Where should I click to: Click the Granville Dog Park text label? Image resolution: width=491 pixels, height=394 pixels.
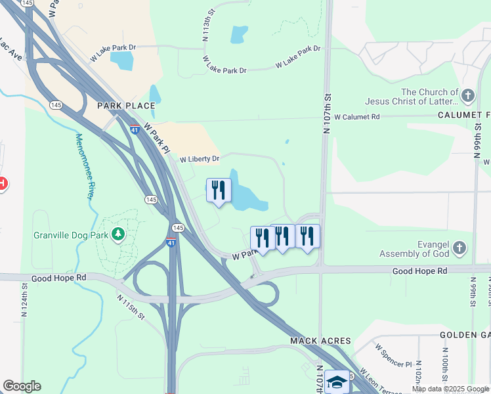72,234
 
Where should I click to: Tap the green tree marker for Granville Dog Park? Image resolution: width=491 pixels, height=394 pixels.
118,234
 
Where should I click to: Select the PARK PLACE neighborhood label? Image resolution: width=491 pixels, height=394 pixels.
126,106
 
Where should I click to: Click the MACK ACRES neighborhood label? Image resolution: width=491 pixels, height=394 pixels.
321,341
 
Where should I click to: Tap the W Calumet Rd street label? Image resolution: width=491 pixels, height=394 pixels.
357,117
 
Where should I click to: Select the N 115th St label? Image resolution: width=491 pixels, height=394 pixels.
131,307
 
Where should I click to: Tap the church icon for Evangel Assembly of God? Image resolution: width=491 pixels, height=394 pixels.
459,248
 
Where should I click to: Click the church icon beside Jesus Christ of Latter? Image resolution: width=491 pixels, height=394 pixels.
467,97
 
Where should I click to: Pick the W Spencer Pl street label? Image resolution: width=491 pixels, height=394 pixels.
393,355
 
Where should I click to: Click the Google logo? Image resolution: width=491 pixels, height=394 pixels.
22,386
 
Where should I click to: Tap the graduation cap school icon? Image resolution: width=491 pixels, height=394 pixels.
337,382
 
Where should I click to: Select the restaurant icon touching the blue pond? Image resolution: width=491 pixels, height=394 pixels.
219,190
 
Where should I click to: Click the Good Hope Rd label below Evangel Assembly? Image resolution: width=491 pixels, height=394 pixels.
419,271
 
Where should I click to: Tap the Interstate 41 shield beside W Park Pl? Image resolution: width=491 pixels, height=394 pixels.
135,128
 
